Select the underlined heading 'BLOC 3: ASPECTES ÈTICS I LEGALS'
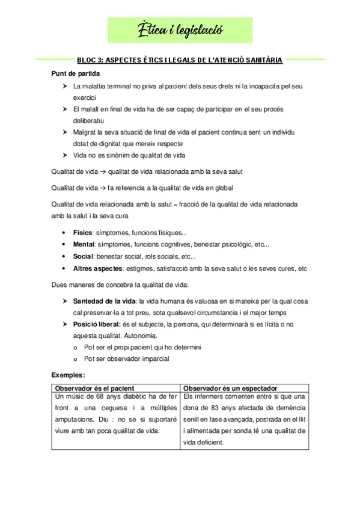pyautogui.click(x=180, y=60)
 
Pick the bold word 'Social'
pyautogui.click(x=83, y=256)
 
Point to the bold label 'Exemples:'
pyautogui.click(x=68, y=376)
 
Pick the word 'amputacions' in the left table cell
pyautogui.click(x=73, y=420)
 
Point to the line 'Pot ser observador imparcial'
pyautogui.click(x=126, y=359)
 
